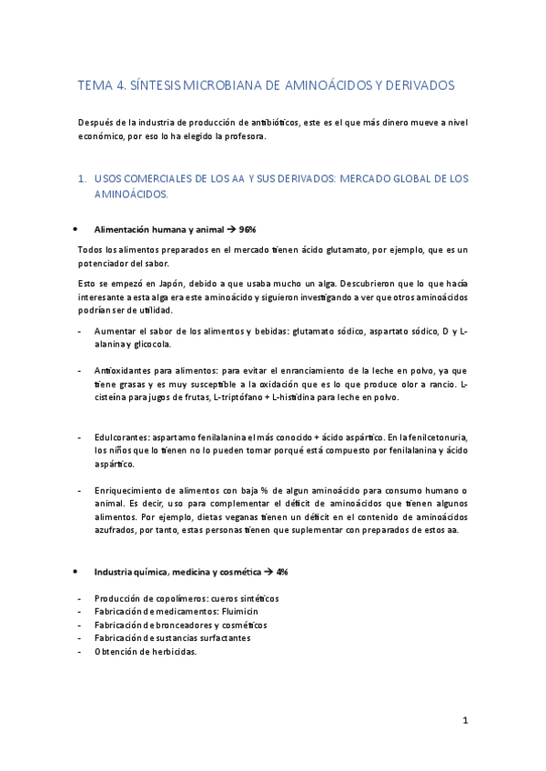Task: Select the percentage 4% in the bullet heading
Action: point(282,572)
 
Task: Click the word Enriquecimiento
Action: point(128,491)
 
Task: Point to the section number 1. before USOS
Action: point(82,179)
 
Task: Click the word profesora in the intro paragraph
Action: point(244,137)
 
